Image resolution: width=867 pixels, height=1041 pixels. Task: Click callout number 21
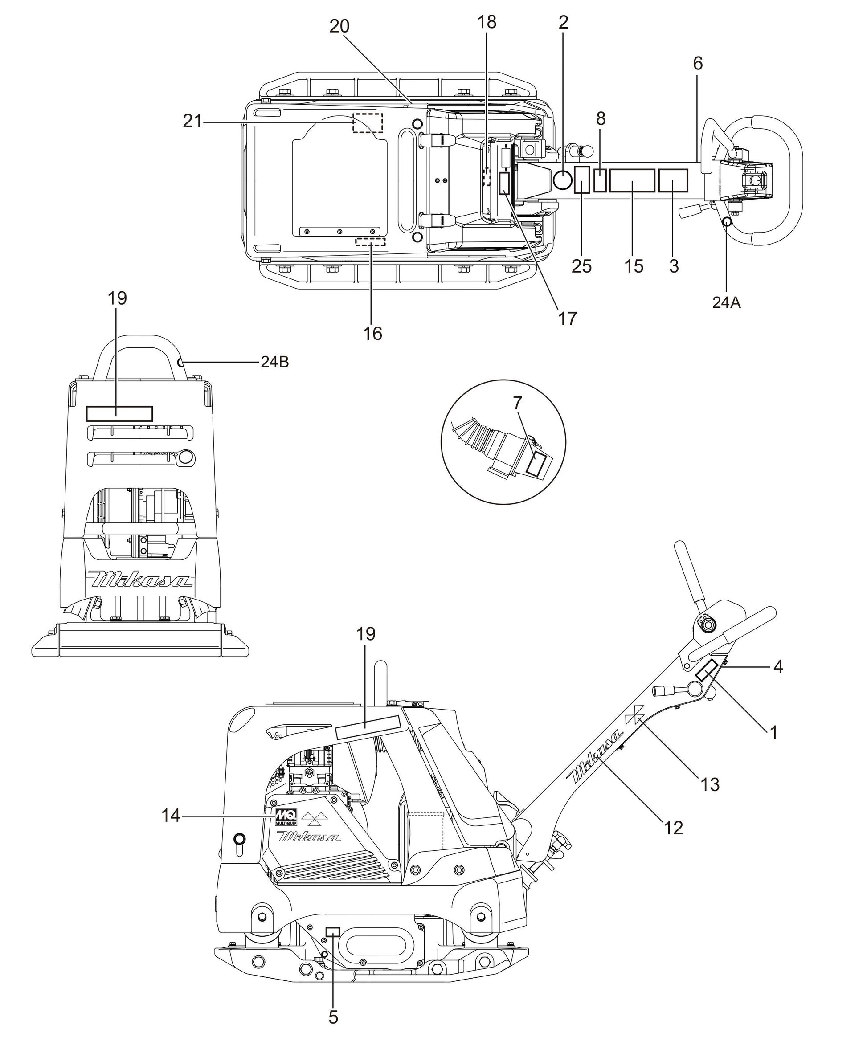pos(193,121)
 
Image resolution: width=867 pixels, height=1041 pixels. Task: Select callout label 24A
pos(726,302)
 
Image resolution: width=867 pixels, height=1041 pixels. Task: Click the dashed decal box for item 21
pos(367,122)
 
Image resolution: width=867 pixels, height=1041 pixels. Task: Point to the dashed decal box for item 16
pos(370,241)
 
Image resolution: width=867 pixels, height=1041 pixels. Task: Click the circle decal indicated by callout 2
pos(563,180)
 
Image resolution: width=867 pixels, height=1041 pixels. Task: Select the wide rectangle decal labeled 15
pos(632,180)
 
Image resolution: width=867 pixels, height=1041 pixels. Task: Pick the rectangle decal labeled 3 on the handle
pos(673,180)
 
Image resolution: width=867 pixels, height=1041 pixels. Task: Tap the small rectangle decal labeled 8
pos(600,180)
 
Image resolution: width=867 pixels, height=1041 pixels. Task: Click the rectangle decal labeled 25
pos(581,180)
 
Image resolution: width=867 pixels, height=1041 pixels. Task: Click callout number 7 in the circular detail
pos(518,404)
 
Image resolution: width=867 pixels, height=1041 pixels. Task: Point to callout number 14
pos(171,816)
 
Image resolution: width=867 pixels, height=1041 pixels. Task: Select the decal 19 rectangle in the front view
pos(119,413)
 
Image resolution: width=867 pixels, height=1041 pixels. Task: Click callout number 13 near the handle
pos(710,785)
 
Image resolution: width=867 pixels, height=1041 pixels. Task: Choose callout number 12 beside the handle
pos(674,827)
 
